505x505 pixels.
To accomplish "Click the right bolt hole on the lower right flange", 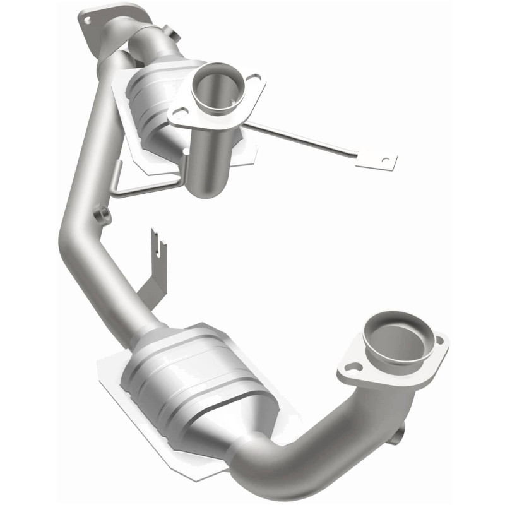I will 439,340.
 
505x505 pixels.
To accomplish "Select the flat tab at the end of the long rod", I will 377,159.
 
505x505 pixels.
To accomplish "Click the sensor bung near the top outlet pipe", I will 169,32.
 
